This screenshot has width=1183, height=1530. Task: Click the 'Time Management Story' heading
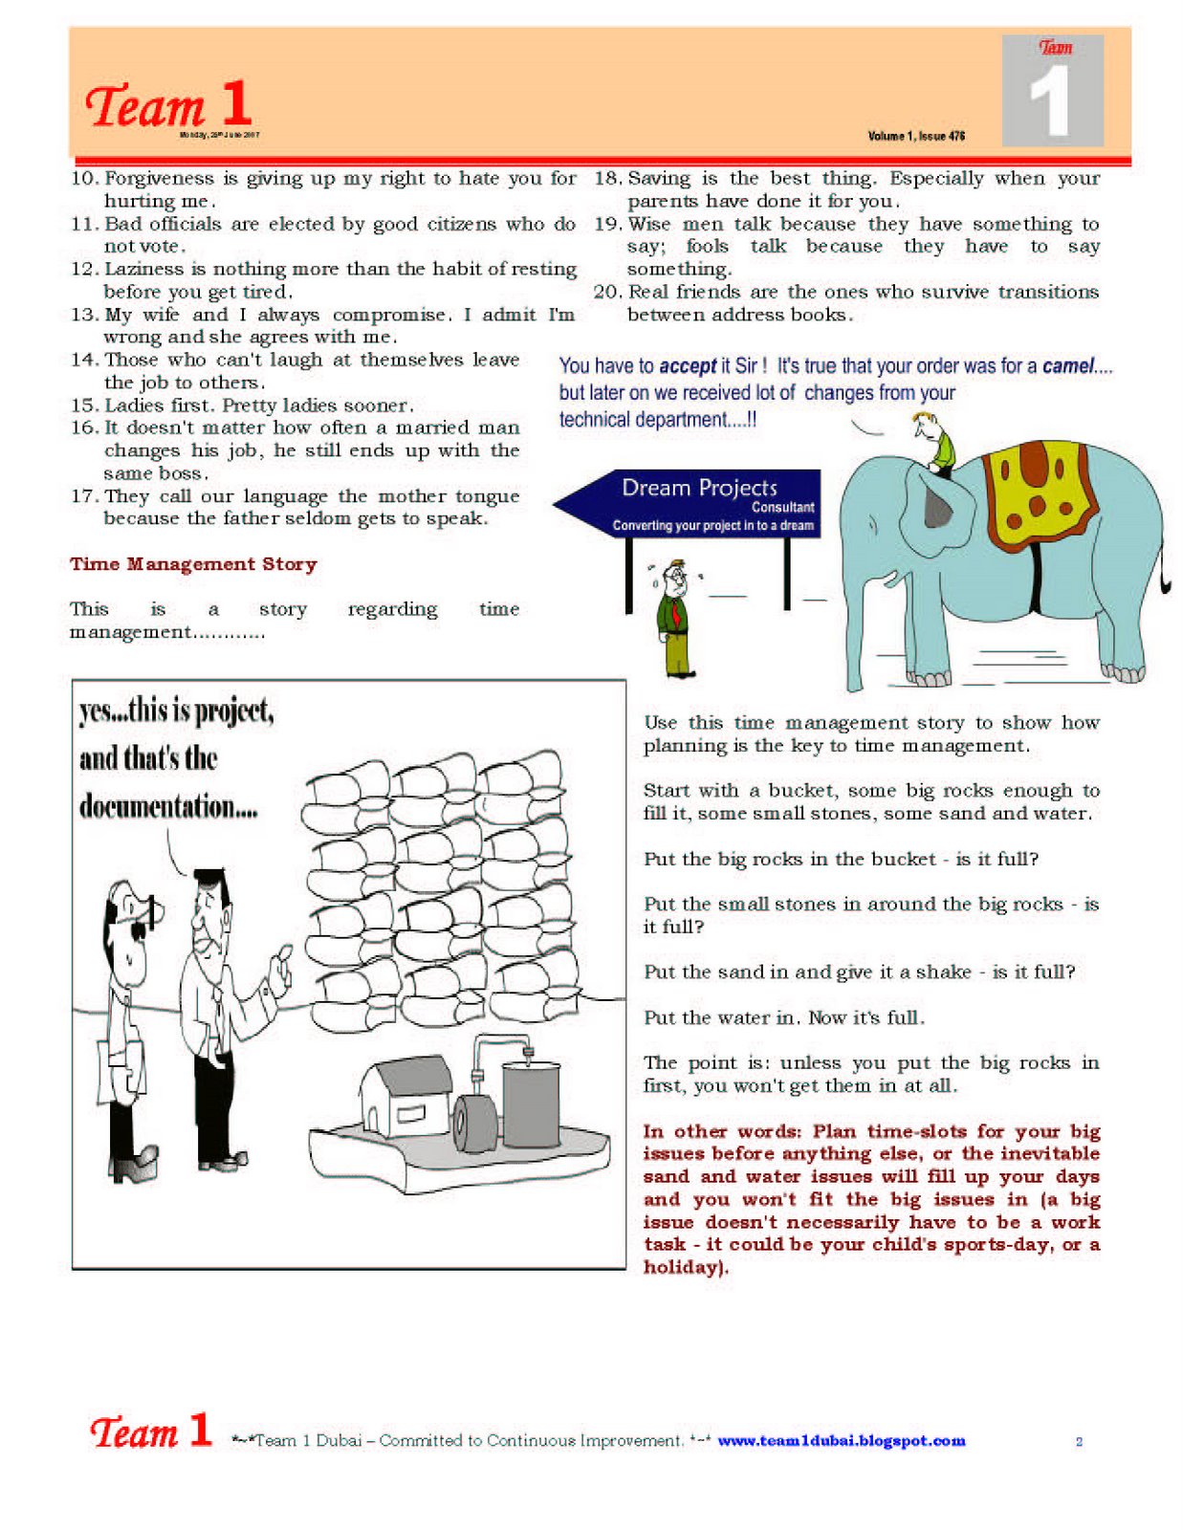coord(193,564)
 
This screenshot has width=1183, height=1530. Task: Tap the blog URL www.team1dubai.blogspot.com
coord(841,1440)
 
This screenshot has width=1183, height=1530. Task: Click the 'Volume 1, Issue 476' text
coord(916,136)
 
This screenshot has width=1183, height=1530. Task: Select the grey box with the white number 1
coord(1052,92)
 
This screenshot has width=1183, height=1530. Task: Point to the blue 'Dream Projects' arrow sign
coord(689,503)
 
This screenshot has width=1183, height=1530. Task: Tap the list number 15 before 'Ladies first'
coord(84,405)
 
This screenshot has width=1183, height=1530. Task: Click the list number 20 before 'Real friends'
coord(607,292)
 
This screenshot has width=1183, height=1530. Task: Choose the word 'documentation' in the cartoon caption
coord(157,806)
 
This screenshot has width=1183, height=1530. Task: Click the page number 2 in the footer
coord(1079,1441)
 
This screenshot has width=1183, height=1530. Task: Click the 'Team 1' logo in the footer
coord(151,1432)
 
